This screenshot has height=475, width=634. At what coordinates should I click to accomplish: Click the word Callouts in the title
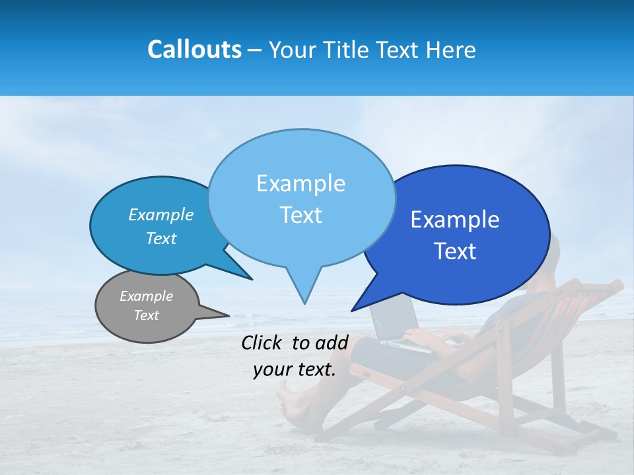click(194, 49)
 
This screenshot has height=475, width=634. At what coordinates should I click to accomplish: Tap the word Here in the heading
click(452, 50)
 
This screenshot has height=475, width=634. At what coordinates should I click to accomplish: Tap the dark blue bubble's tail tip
click(355, 308)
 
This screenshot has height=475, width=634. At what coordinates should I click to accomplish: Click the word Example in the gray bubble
click(146, 296)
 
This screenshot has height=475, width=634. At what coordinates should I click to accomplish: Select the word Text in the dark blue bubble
click(455, 251)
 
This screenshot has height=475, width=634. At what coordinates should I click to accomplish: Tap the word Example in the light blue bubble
click(300, 183)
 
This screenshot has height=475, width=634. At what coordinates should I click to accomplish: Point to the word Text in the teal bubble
click(161, 239)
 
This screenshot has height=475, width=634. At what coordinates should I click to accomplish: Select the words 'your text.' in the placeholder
click(294, 369)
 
